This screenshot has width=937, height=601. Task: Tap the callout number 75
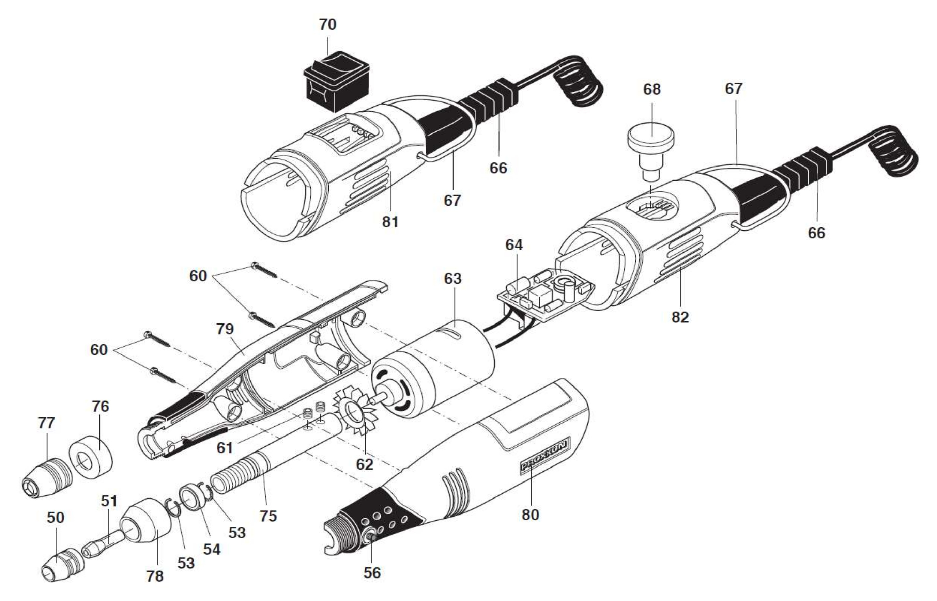click(x=268, y=516)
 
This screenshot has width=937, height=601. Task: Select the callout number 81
click(x=390, y=222)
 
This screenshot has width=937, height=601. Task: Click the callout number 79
click(x=225, y=329)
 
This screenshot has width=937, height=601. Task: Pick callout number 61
click(x=225, y=448)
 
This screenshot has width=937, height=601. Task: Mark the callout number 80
click(x=531, y=515)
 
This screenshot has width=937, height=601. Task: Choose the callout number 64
click(x=514, y=245)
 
